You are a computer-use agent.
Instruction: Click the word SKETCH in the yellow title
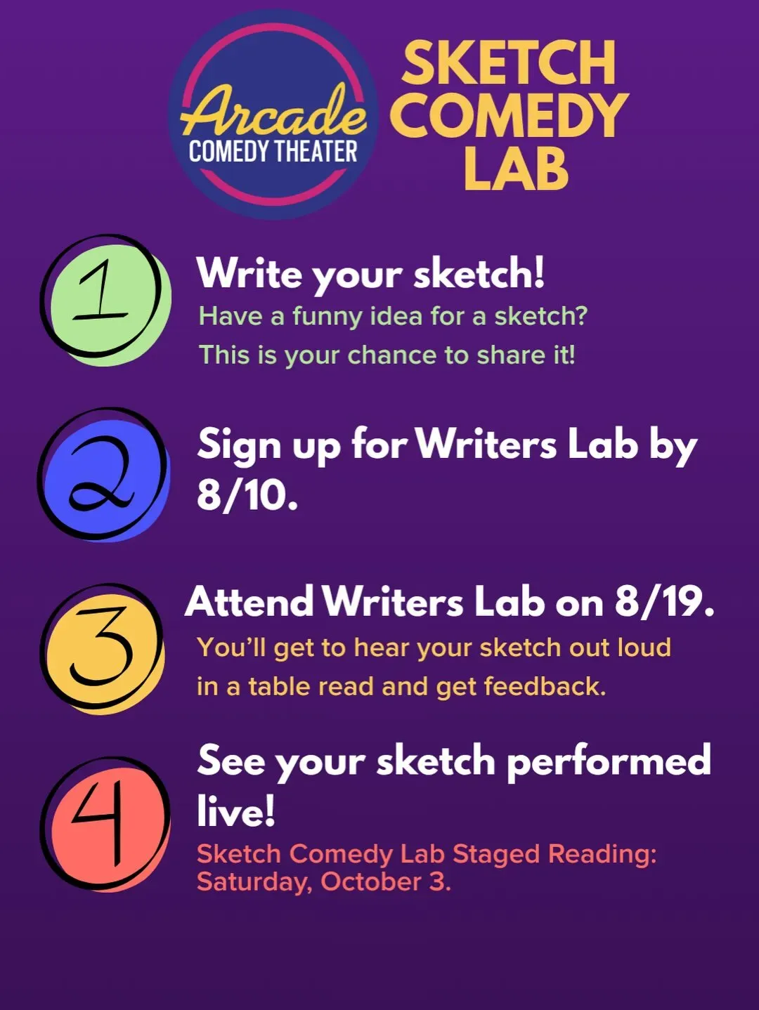click(509, 63)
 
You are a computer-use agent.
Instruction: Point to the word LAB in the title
click(517, 167)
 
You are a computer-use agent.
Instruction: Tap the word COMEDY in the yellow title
click(509, 115)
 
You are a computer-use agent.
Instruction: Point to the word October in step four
click(371, 882)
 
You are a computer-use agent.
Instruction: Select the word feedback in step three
click(545, 686)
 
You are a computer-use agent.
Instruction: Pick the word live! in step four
click(236, 811)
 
